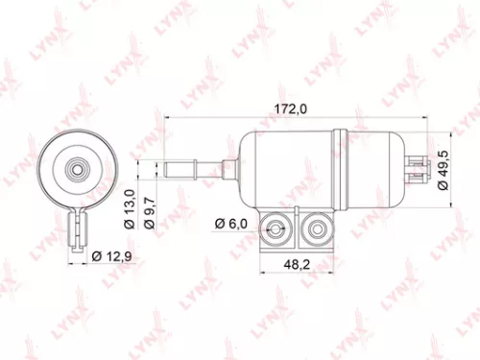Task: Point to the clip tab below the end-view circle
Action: click(79, 230)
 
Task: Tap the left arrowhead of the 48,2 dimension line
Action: click(260, 272)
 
